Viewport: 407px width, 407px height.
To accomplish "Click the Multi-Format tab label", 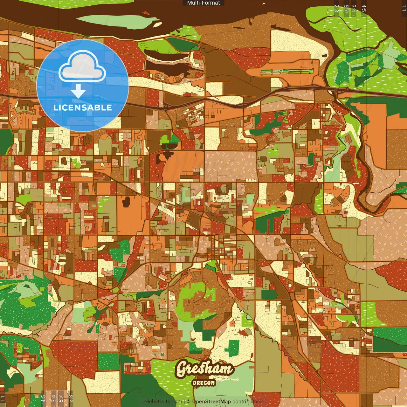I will click(x=203, y=3).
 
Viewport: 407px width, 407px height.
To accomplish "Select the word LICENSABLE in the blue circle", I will click(x=83, y=107).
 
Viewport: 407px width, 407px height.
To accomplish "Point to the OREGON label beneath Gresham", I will click(x=204, y=383).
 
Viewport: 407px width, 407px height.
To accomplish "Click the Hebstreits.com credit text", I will click(x=163, y=402).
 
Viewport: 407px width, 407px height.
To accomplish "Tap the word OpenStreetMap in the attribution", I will click(x=211, y=402).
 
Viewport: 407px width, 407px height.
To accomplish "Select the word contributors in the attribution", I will click(x=247, y=402).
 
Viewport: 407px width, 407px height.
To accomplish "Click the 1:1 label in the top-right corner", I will click(x=404, y=8).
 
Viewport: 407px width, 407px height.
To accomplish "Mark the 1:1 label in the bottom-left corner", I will click(x=3, y=399).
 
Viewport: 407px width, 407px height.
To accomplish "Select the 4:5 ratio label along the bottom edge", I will click(x=43, y=399).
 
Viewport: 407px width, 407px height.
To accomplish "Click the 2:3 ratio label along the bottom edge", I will click(x=71, y=399).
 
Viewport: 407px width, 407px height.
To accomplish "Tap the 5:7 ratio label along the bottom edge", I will click(x=61, y=399).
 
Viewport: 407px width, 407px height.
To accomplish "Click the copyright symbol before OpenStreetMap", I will click(x=188, y=402).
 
